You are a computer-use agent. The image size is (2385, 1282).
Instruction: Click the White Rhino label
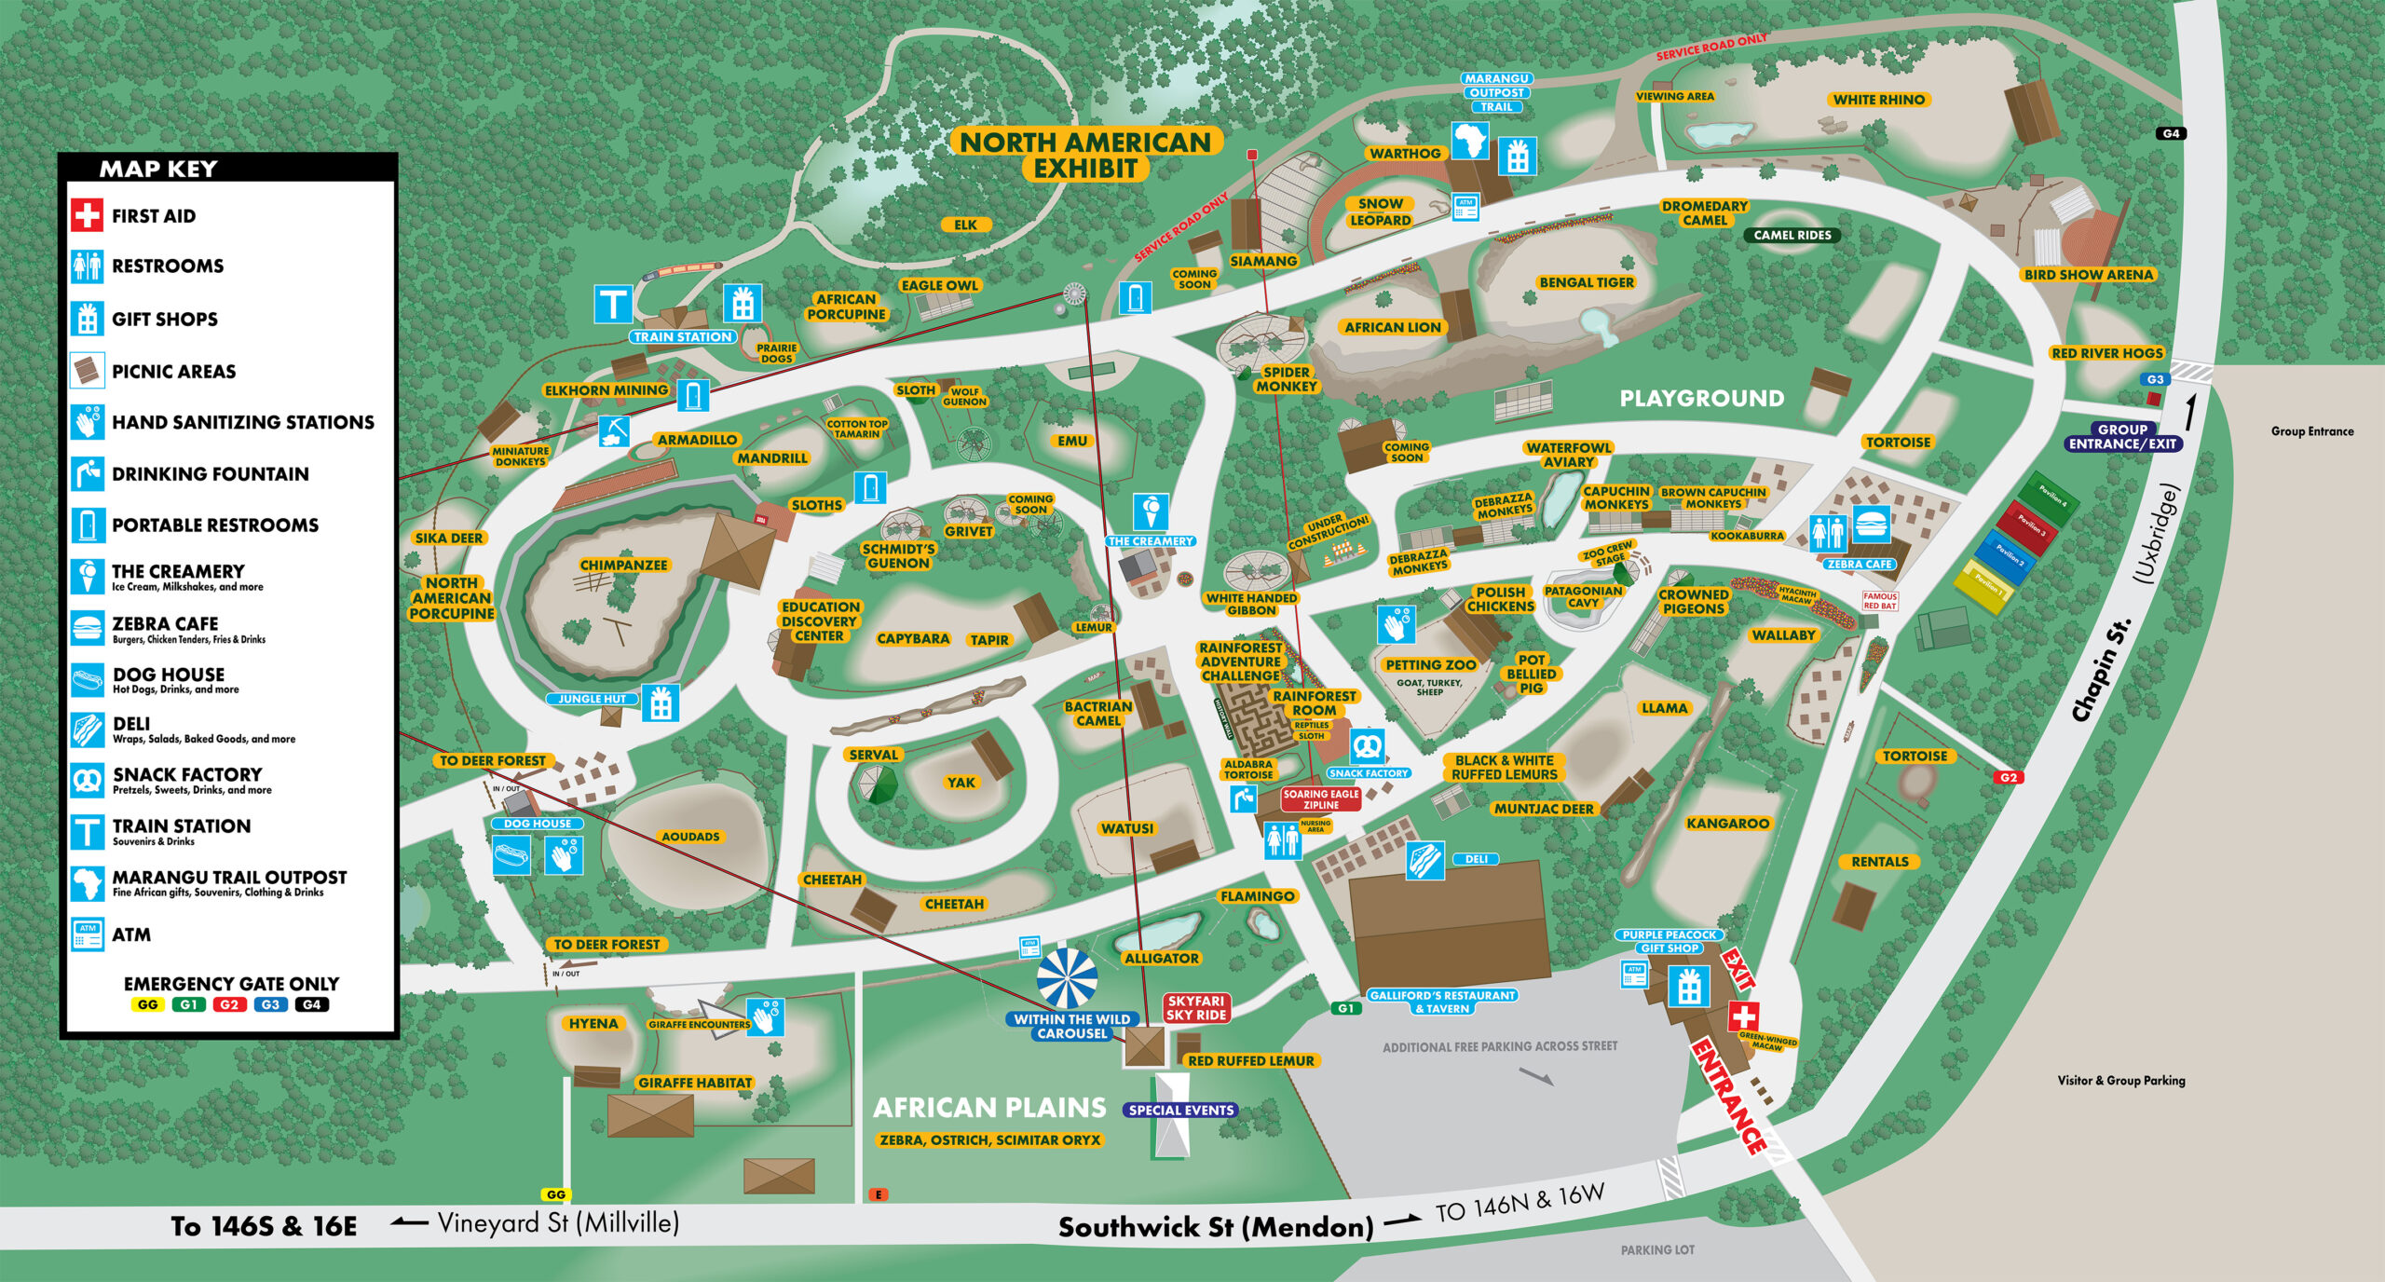pos(1878,100)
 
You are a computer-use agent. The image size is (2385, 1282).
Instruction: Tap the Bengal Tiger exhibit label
pos(1587,282)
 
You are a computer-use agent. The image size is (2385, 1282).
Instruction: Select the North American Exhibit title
pos(1086,155)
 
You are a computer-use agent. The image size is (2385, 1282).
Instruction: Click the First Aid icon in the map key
pos(87,215)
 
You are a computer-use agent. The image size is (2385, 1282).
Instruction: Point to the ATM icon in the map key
pos(88,934)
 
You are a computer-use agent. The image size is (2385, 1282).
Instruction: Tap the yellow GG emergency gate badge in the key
pos(147,1004)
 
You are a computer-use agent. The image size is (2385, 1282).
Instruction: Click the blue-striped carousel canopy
pos(1067,977)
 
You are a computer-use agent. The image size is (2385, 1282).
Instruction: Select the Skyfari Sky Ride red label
pos(1196,1007)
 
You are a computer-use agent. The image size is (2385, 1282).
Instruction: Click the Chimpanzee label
pos(623,565)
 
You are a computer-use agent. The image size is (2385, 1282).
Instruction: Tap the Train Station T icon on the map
pos(613,305)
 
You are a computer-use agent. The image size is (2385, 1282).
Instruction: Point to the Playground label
pos(1701,399)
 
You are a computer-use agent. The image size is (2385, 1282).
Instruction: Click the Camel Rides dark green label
pos(1792,235)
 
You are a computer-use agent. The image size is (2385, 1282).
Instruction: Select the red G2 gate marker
pos(2009,777)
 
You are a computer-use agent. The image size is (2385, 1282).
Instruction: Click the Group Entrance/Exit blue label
pos(2122,437)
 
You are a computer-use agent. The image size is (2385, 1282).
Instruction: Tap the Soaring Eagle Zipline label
pos(1320,798)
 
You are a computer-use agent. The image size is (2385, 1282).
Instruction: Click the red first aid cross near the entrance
pos(1743,1016)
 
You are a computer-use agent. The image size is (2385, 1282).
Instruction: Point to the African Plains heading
pos(988,1107)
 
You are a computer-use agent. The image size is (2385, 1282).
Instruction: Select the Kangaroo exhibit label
pos(1727,824)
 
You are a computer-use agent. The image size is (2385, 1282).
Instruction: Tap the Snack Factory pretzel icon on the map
pos(1367,746)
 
